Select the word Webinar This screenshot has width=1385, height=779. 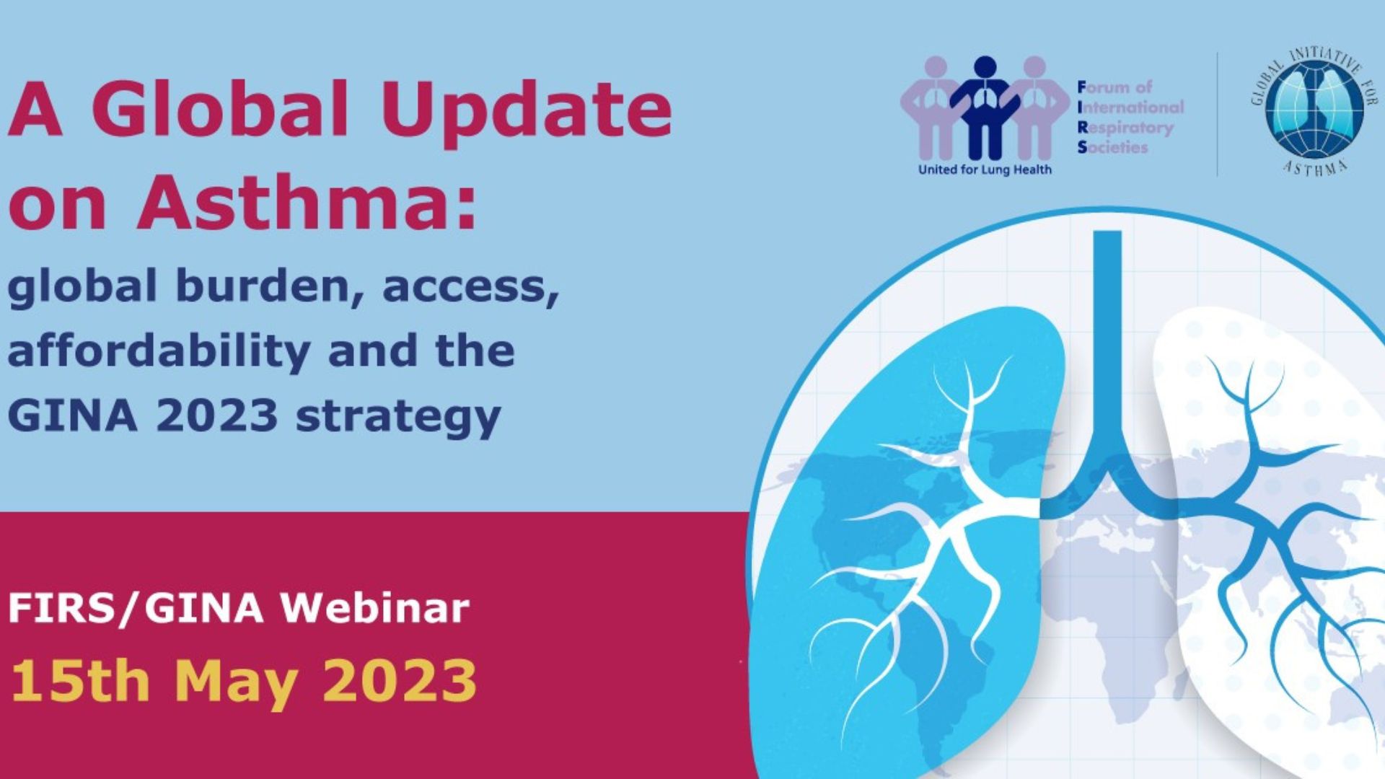(374, 608)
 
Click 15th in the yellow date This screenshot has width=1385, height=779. (79, 680)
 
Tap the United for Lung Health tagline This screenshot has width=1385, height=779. (984, 170)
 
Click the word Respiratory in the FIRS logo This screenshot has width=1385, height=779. (1126, 128)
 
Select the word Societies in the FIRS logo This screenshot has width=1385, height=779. (1112, 147)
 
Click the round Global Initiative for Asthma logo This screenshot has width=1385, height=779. (1314, 112)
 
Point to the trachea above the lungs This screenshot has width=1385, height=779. (1107, 325)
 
